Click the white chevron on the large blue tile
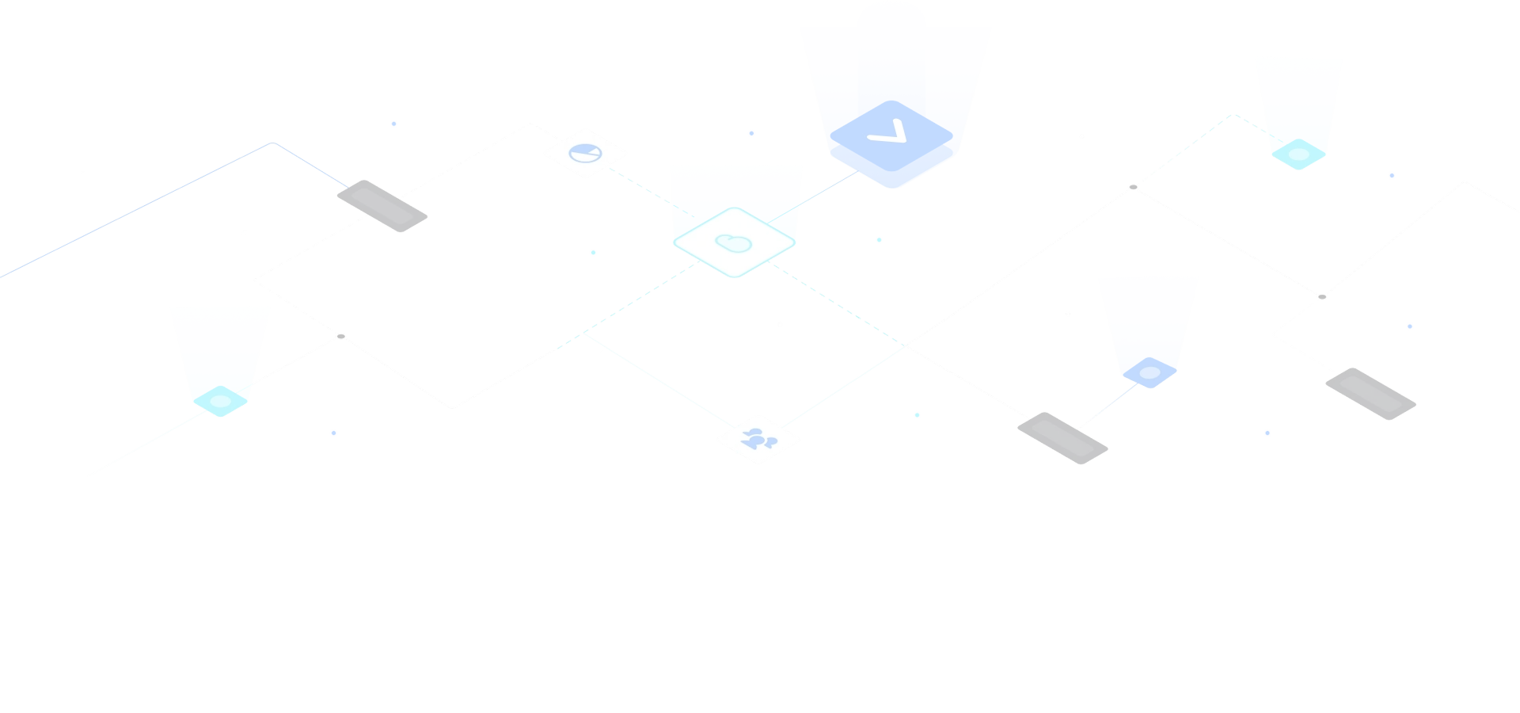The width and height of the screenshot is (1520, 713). (x=888, y=132)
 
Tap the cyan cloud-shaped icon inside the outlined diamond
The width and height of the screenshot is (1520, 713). (x=734, y=242)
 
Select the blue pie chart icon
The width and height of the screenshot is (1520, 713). (x=585, y=153)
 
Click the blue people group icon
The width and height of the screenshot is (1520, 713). (x=758, y=438)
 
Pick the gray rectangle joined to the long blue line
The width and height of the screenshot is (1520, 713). (x=382, y=206)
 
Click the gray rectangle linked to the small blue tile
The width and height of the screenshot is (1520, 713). (x=1062, y=438)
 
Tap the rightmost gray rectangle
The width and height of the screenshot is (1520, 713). (x=1370, y=394)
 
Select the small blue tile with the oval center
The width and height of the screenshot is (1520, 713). (x=1149, y=372)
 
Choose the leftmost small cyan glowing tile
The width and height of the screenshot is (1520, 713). (x=220, y=401)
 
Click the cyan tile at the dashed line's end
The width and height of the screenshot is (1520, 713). (x=1298, y=154)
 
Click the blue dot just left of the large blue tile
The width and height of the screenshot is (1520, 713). (x=751, y=133)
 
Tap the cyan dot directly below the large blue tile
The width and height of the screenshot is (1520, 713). (x=879, y=239)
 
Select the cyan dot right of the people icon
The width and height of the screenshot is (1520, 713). (x=917, y=415)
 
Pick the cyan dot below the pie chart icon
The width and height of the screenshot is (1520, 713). (x=593, y=253)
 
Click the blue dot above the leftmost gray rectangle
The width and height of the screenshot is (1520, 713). (x=393, y=124)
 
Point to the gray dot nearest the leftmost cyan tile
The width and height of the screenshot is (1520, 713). (x=341, y=337)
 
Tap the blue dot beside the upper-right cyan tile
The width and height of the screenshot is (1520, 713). (x=1392, y=175)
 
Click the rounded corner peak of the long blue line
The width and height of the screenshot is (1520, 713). (x=272, y=143)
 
